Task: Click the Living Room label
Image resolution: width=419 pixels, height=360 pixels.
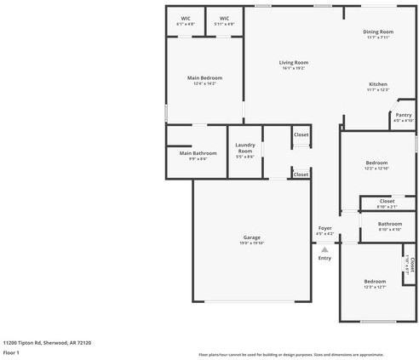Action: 294,62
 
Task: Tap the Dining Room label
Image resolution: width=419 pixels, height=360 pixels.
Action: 378,31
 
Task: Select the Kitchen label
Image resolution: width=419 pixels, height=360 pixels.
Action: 378,84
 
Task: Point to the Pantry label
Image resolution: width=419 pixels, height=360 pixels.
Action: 404,115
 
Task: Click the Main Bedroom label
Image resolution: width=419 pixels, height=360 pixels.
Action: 204,77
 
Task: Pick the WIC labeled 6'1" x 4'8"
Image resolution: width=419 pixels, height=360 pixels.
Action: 186,18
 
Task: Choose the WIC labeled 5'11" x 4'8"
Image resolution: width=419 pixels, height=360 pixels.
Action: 224,18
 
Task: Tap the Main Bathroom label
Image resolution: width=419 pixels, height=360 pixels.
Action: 192,153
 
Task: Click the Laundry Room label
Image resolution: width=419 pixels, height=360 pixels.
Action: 245,148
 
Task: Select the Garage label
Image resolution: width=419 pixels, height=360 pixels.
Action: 252,237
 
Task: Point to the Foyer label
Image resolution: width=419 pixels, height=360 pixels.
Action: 324,228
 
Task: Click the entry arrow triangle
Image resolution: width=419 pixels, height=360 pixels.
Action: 324,249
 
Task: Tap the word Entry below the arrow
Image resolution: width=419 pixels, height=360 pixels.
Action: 324,258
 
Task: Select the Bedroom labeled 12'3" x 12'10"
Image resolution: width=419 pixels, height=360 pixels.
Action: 376,163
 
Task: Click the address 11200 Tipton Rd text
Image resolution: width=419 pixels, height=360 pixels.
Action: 47,342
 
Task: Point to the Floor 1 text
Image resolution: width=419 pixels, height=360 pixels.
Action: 11,351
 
